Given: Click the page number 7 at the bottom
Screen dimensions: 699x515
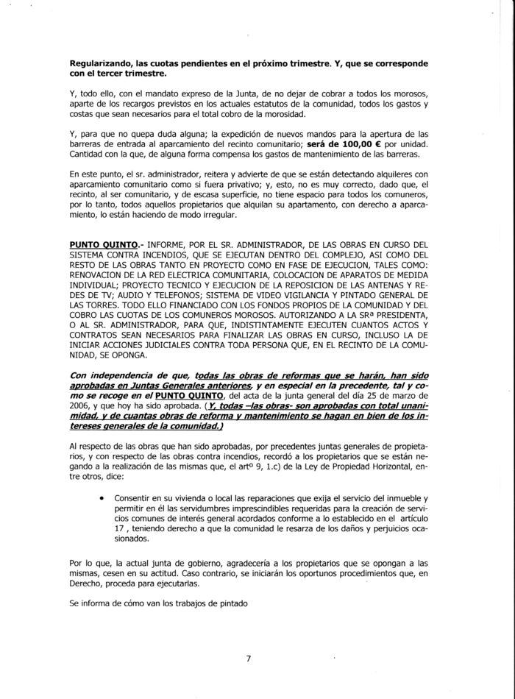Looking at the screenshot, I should (249, 659).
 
